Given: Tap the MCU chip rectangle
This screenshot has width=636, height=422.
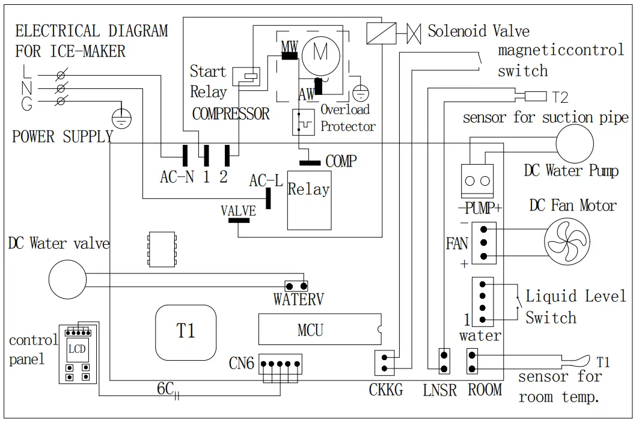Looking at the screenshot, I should [x=319, y=329].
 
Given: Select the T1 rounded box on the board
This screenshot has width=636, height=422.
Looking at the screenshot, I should [x=186, y=331].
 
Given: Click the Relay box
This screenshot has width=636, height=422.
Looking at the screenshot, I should [x=308, y=200].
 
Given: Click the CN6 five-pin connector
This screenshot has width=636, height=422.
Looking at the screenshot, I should [x=281, y=364].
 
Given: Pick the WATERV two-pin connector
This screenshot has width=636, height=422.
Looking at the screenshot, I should [x=296, y=285].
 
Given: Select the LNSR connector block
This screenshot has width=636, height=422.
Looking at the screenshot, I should [x=444, y=361].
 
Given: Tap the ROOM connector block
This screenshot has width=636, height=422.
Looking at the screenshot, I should [x=472, y=361].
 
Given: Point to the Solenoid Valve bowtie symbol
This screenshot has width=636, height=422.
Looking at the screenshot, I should [x=413, y=32].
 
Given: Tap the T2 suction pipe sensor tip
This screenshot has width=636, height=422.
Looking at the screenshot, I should [x=535, y=96].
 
